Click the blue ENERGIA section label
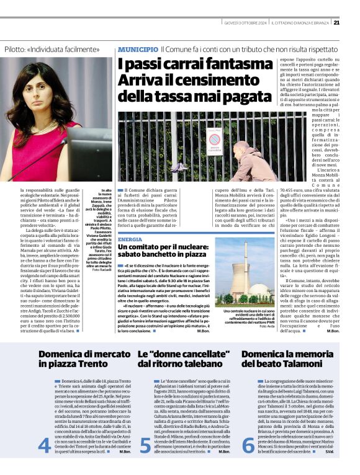tap(130, 239)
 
